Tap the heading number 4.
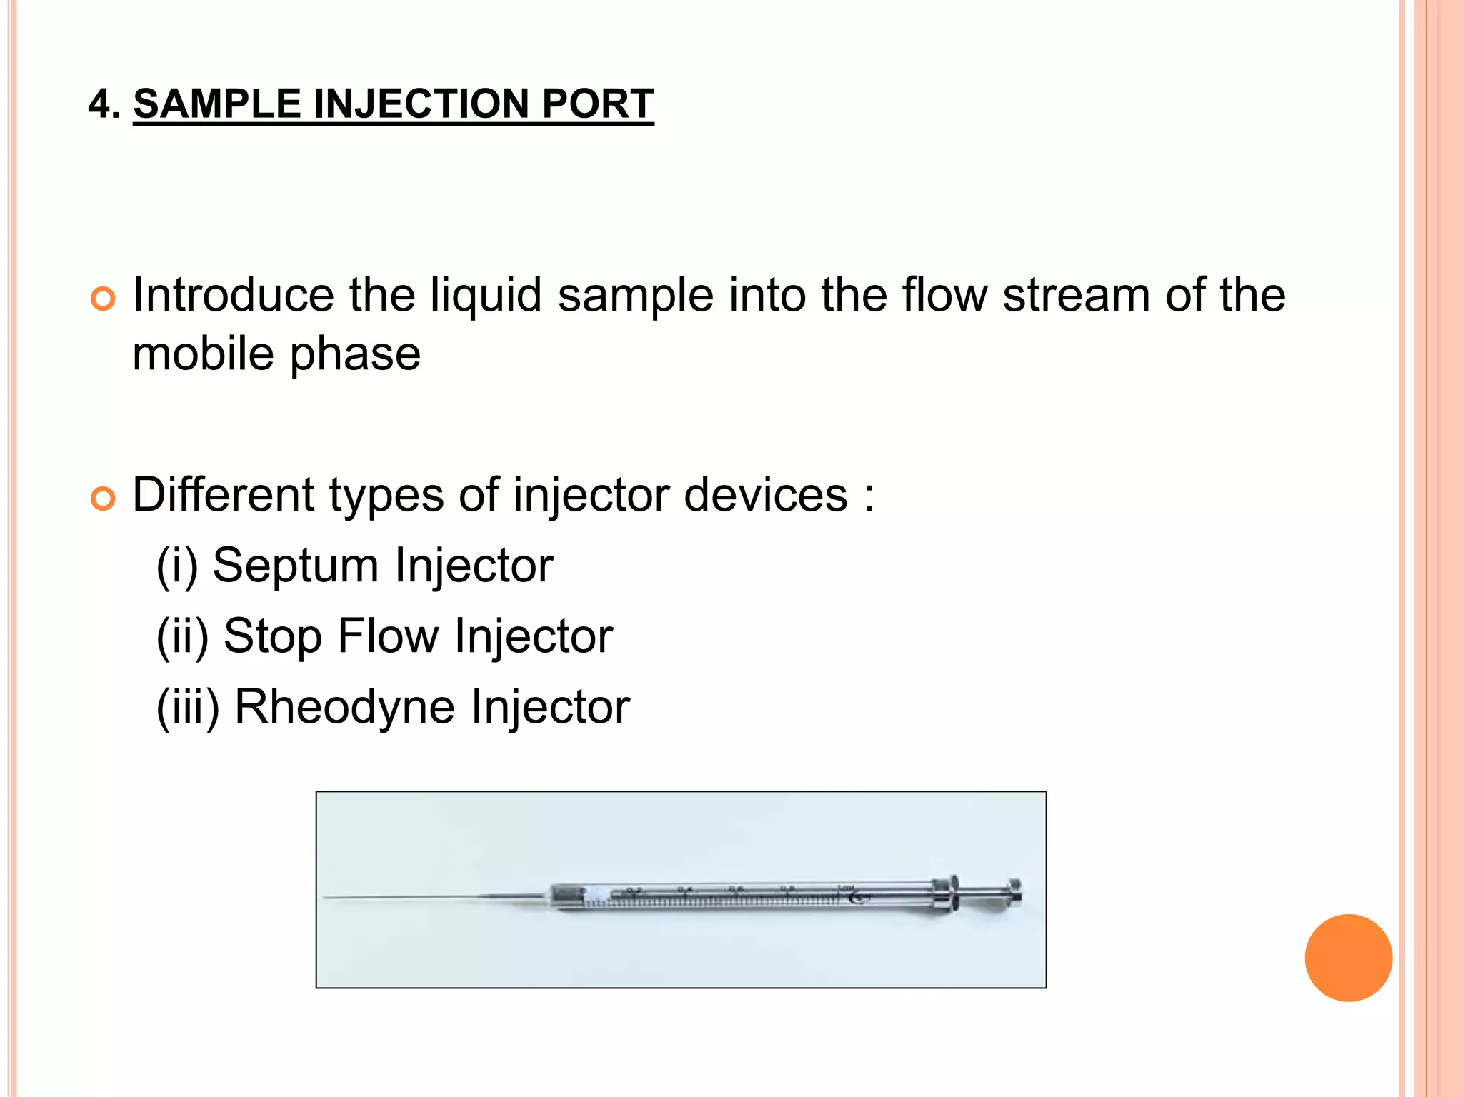[100, 104]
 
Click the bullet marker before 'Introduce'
[104, 299]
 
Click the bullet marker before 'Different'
[104, 498]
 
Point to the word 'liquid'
[486, 295]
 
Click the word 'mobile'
[203, 354]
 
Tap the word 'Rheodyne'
[344, 708]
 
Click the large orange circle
[1348, 958]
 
